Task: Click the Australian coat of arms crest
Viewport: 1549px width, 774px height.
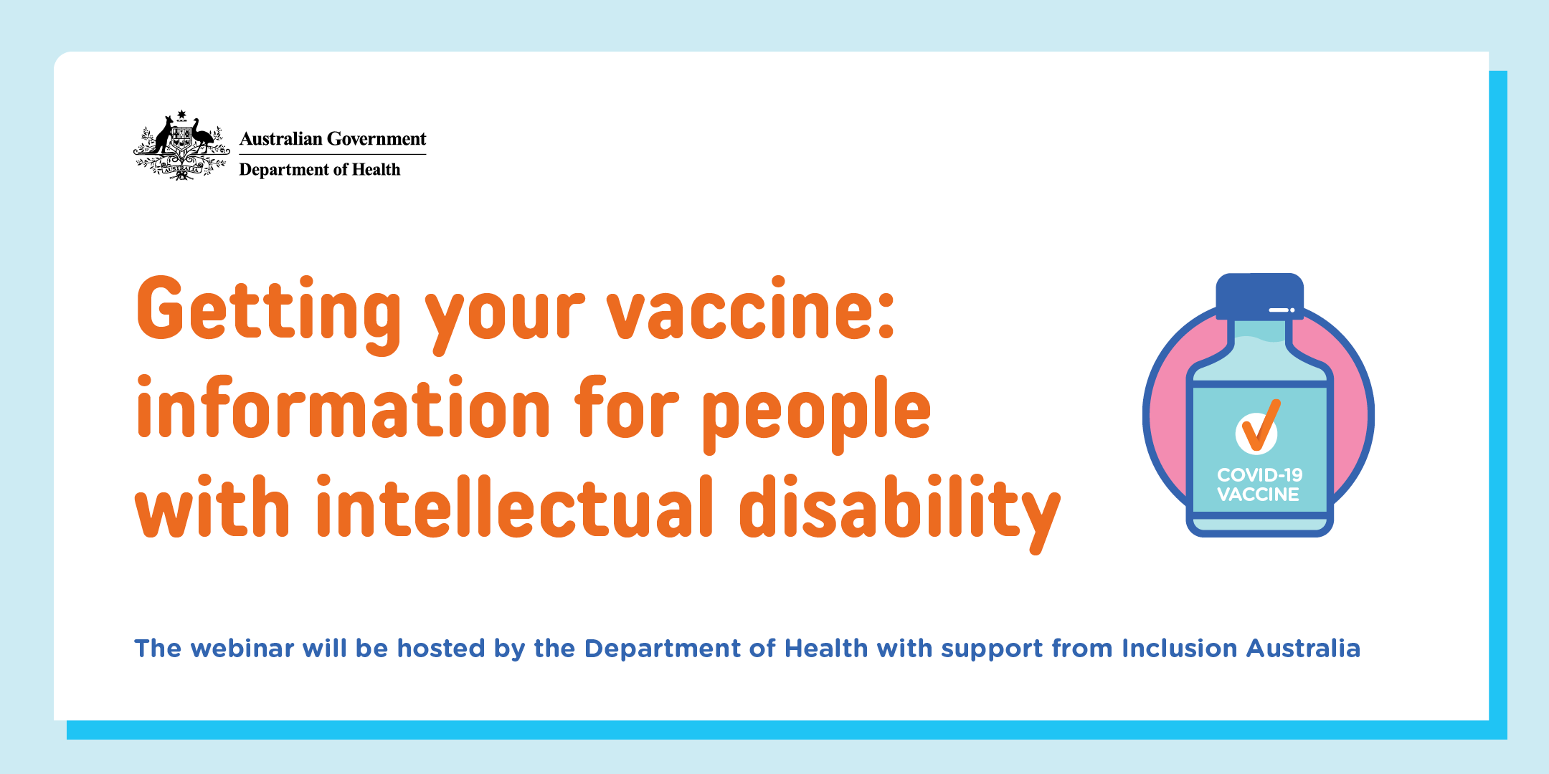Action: point(181,145)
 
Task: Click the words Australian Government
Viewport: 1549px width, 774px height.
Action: point(333,138)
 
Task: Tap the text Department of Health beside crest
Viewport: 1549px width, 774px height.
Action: point(320,170)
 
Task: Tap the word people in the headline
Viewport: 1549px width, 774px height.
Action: point(816,414)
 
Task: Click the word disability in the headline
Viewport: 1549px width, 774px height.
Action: point(899,512)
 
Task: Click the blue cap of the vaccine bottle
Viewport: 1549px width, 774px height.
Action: point(1260,296)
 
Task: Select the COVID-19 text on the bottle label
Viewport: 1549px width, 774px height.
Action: point(1260,474)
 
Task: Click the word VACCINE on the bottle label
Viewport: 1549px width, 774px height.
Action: point(1259,494)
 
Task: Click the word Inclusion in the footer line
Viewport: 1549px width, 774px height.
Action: point(1180,649)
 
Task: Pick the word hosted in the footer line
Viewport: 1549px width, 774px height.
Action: point(441,649)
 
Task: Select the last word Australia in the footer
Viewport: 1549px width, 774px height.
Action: point(1303,649)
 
